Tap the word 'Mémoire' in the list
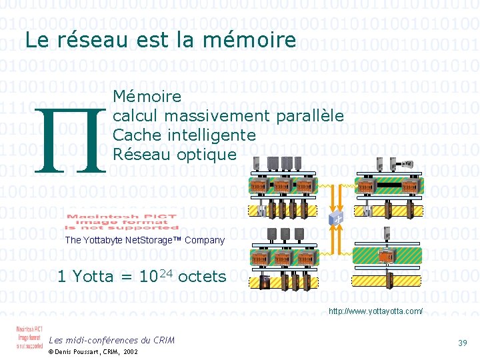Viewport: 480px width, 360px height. click(x=147, y=97)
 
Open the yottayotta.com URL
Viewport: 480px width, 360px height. click(x=376, y=311)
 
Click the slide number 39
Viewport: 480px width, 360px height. click(x=462, y=343)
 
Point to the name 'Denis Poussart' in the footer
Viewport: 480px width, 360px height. click(x=82, y=351)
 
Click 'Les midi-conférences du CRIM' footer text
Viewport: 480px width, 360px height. click(x=112, y=340)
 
